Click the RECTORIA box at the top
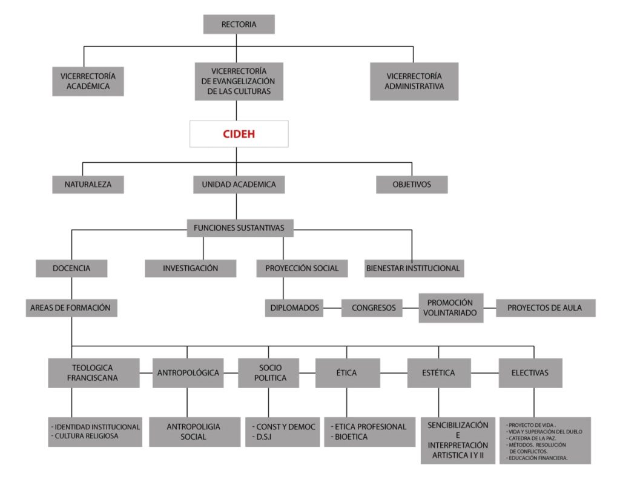[x=239, y=25]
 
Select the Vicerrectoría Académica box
[x=88, y=82]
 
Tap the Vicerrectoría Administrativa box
[x=414, y=82]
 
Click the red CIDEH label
[x=239, y=134]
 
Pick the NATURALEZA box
[x=88, y=185]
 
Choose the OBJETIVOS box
[x=412, y=185]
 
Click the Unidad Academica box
[x=239, y=185]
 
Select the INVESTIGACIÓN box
[x=190, y=268]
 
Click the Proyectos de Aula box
[x=545, y=308]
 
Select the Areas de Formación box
[x=71, y=308]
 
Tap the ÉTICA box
[x=347, y=373]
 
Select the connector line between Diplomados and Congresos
[x=331, y=308]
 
